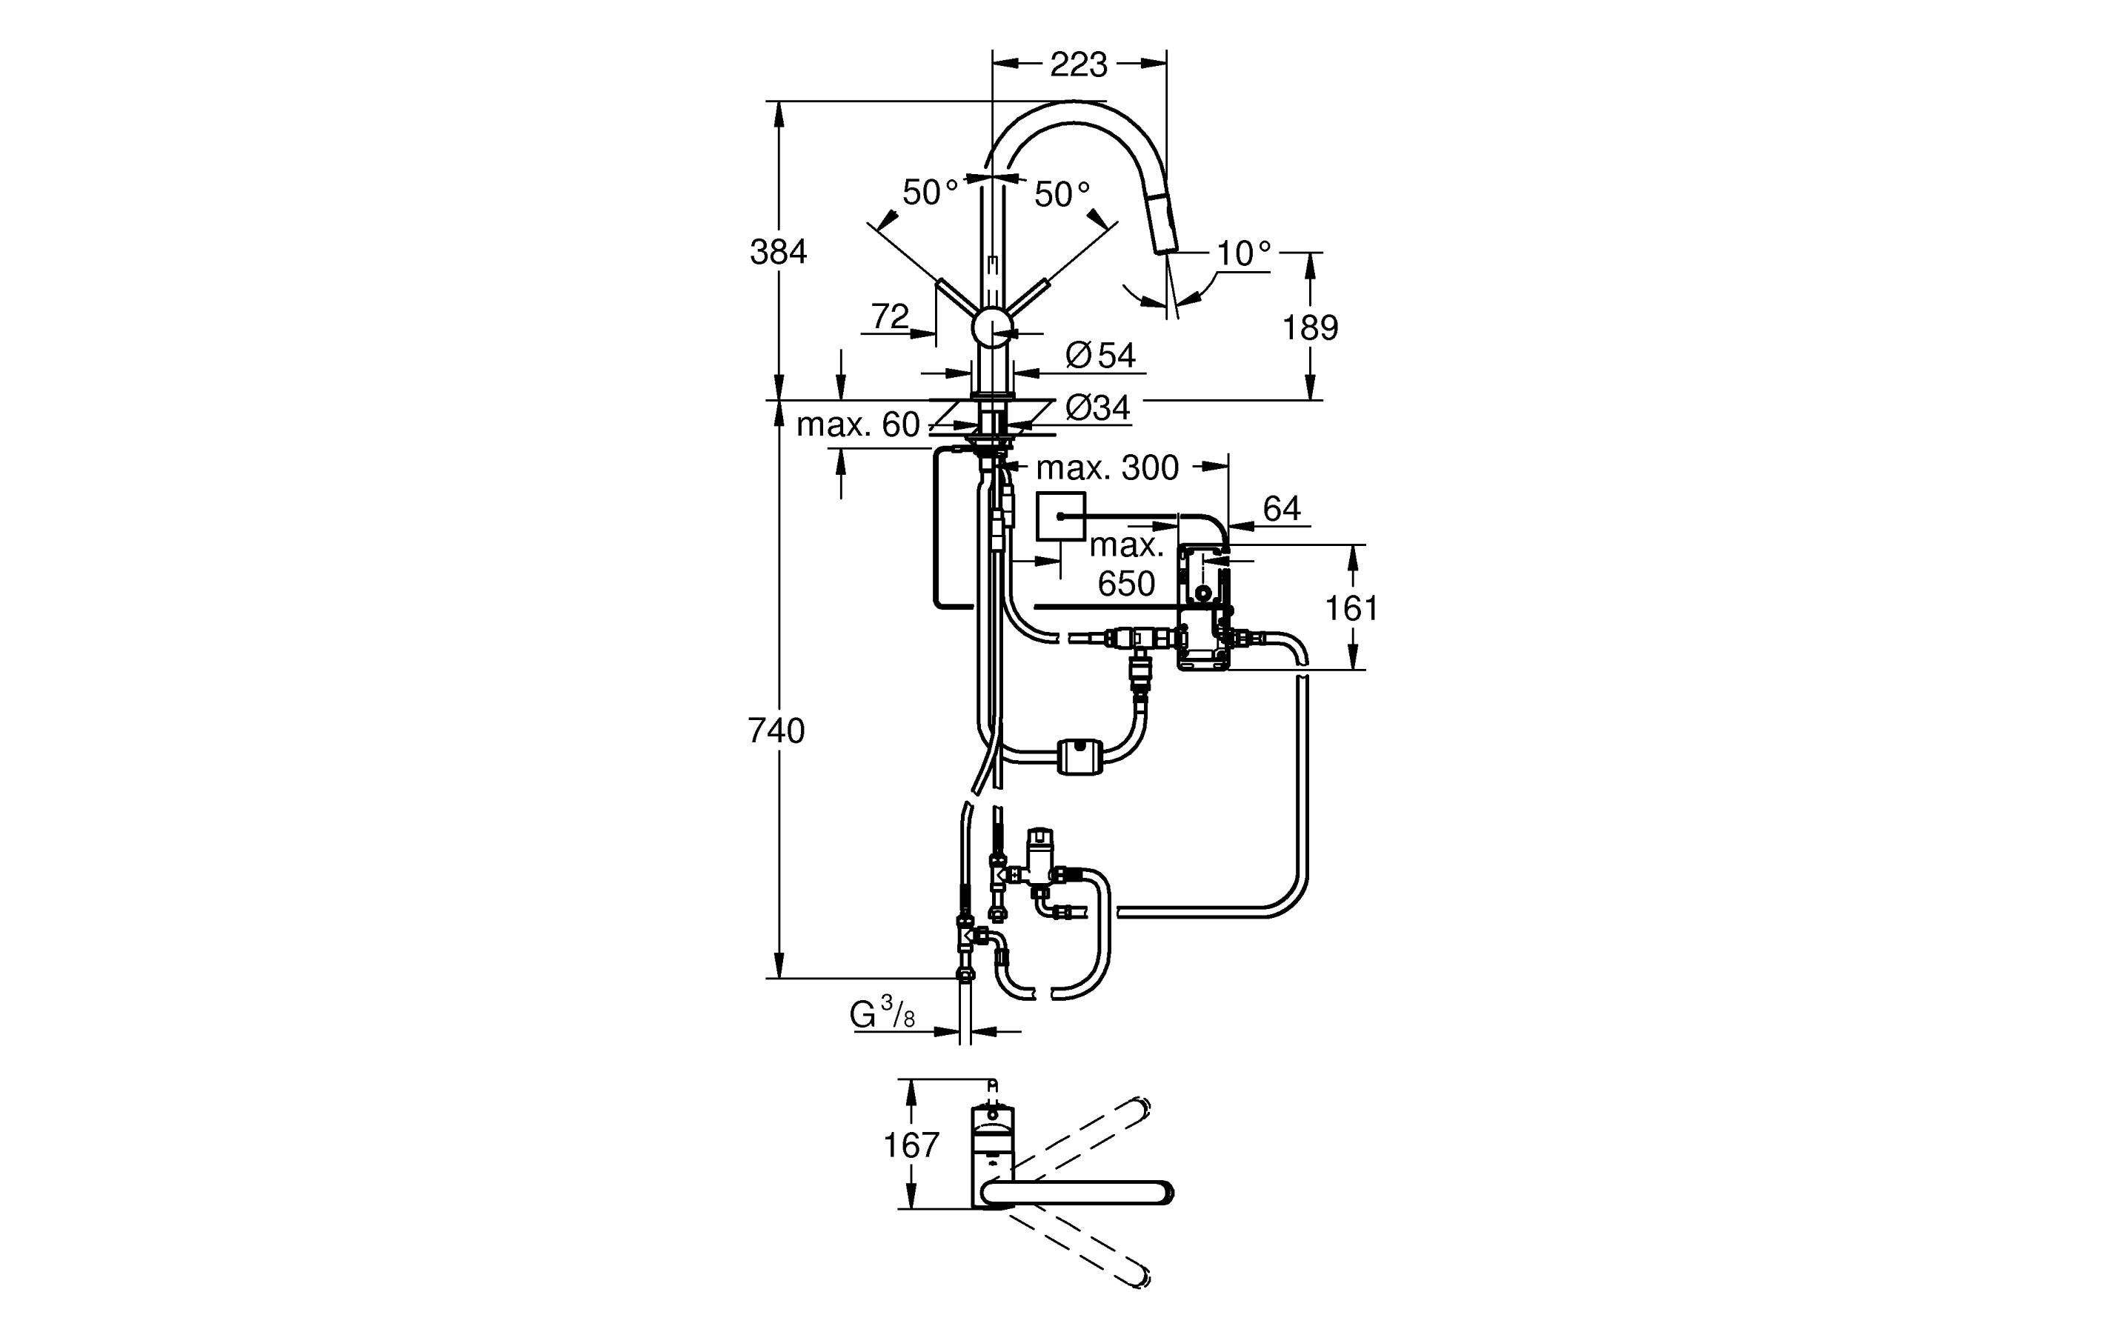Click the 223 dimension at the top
[1078, 64]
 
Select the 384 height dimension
[778, 252]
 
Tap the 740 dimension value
[776, 730]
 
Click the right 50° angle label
[1062, 194]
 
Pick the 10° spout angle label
[1242, 254]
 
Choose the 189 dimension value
[1309, 327]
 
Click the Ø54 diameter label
[1100, 355]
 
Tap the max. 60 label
[856, 425]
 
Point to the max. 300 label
[1106, 468]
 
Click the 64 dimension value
[1281, 508]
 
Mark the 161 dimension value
[1351, 608]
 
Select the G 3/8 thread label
[882, 1015]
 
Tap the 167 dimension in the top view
[911, 1145]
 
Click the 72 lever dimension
[889, 316]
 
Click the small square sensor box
[1061, 516]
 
